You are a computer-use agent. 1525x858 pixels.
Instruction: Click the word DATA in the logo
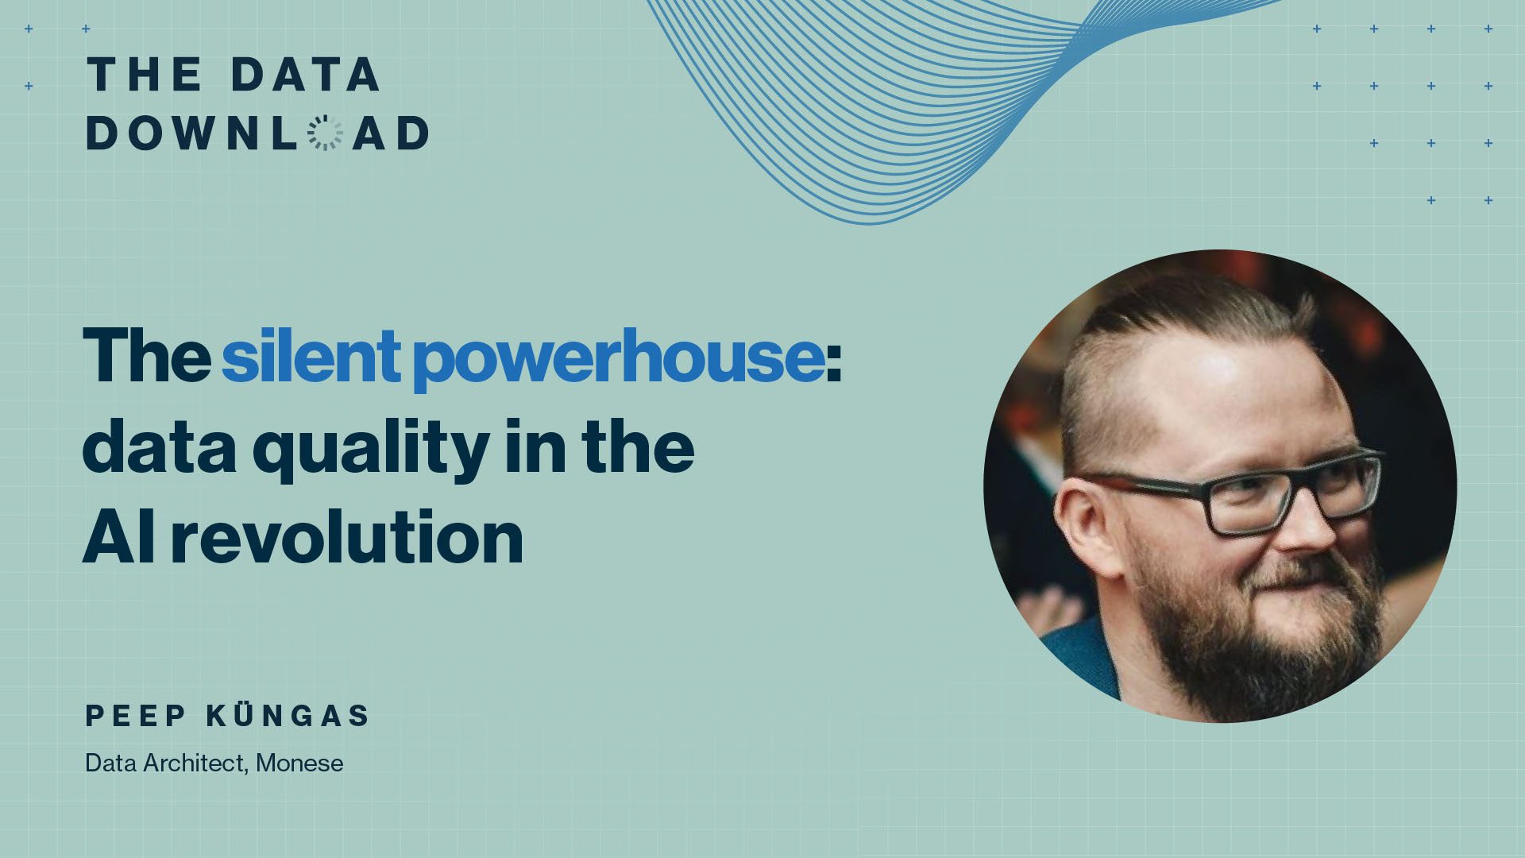point(305,75)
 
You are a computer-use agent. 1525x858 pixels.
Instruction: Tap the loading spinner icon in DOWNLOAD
point(325,133)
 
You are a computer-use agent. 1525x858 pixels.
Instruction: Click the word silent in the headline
point(311,356)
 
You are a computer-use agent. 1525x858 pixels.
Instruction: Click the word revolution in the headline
point(347,538)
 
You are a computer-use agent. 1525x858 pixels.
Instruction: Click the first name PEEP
point(136,716)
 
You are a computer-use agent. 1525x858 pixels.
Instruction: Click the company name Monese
point(299,763)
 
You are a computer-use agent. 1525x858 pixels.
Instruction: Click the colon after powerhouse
point(834,365)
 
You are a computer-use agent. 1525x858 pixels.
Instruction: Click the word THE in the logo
point(145,75)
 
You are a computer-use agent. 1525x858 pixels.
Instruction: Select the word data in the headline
point(160,448)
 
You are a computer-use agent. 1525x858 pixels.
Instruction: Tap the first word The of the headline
point(147,356)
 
